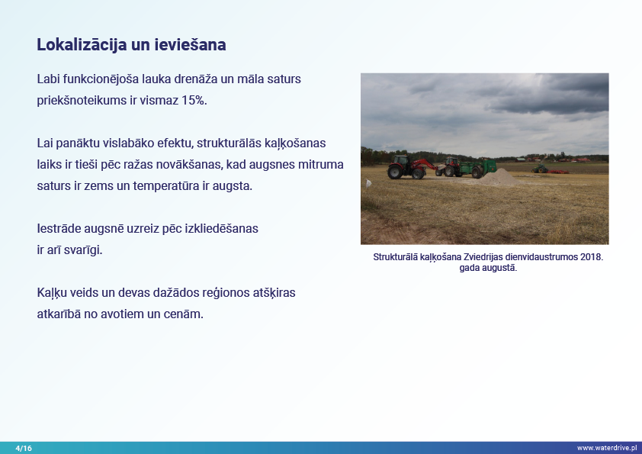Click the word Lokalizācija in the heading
click(82, 45)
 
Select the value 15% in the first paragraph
click(194, 101)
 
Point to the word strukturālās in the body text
click(229, 143)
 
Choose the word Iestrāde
click(59, 228)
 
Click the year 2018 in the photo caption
click(591, 257)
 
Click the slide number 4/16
click(24, 448)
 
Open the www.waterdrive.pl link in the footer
click(607, 448)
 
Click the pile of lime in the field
click(499, 177)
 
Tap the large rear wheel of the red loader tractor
click(395, 172)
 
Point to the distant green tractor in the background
click(540, 169)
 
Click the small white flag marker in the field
click(368, 183)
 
